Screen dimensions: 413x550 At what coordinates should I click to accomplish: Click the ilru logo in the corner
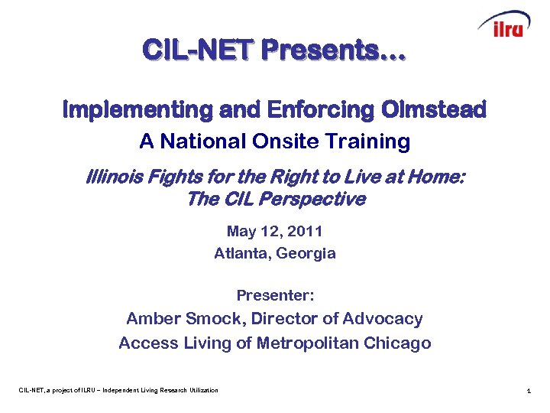(504, 25)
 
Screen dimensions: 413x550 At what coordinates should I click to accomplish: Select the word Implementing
(137, 110)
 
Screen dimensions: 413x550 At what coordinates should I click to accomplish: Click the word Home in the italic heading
(436, 177)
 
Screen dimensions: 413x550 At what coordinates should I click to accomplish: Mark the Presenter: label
(275, 295)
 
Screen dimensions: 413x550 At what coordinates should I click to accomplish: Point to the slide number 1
(529, 392)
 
